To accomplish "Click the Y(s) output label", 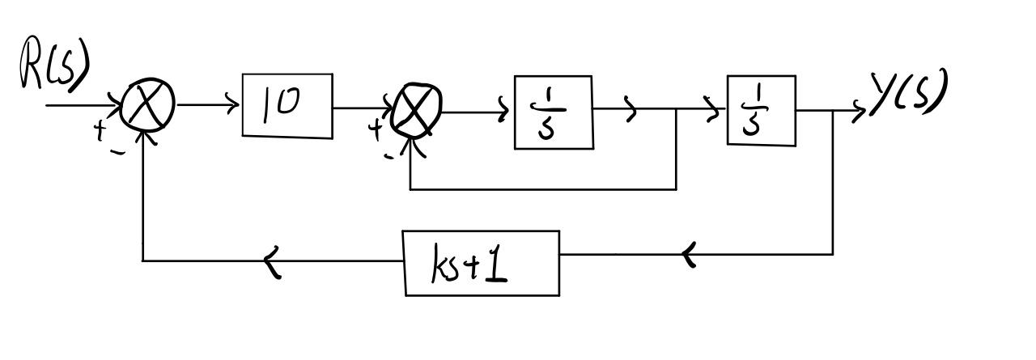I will (908, 93).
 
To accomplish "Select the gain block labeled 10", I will (287, 105).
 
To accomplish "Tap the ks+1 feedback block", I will (481, 263).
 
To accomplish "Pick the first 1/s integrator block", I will (554, 112).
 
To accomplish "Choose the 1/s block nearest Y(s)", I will (761, 111).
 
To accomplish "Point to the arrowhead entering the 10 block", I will (235, 104).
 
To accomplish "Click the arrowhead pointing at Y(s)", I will (860, 111).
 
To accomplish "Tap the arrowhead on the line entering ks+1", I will (688, 256).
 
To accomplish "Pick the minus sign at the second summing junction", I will (389, 155).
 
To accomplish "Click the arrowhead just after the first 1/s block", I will (630, 112).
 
